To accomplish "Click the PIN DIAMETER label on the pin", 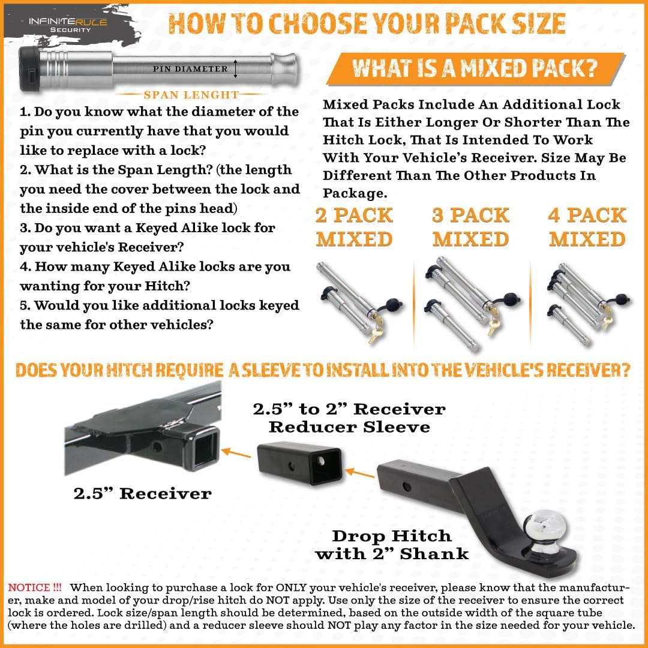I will click(x=191, y=69).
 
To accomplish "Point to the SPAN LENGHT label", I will click(x=191, y=95).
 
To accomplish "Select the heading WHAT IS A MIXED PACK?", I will click(x=474, y=68).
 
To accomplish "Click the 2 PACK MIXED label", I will click(x=354, y=227).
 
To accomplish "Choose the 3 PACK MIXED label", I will click(x=470, y=227).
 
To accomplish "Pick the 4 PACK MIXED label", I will click(x=587, y=227).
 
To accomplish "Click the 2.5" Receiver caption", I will click(x=143, y=494).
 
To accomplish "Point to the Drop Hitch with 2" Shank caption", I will click(x=392, y=544).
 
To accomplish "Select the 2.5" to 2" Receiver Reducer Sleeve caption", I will click(x=349, y=418).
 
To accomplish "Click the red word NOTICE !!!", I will click(x=35, y=587).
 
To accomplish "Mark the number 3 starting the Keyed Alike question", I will click(x=25, y=228).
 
